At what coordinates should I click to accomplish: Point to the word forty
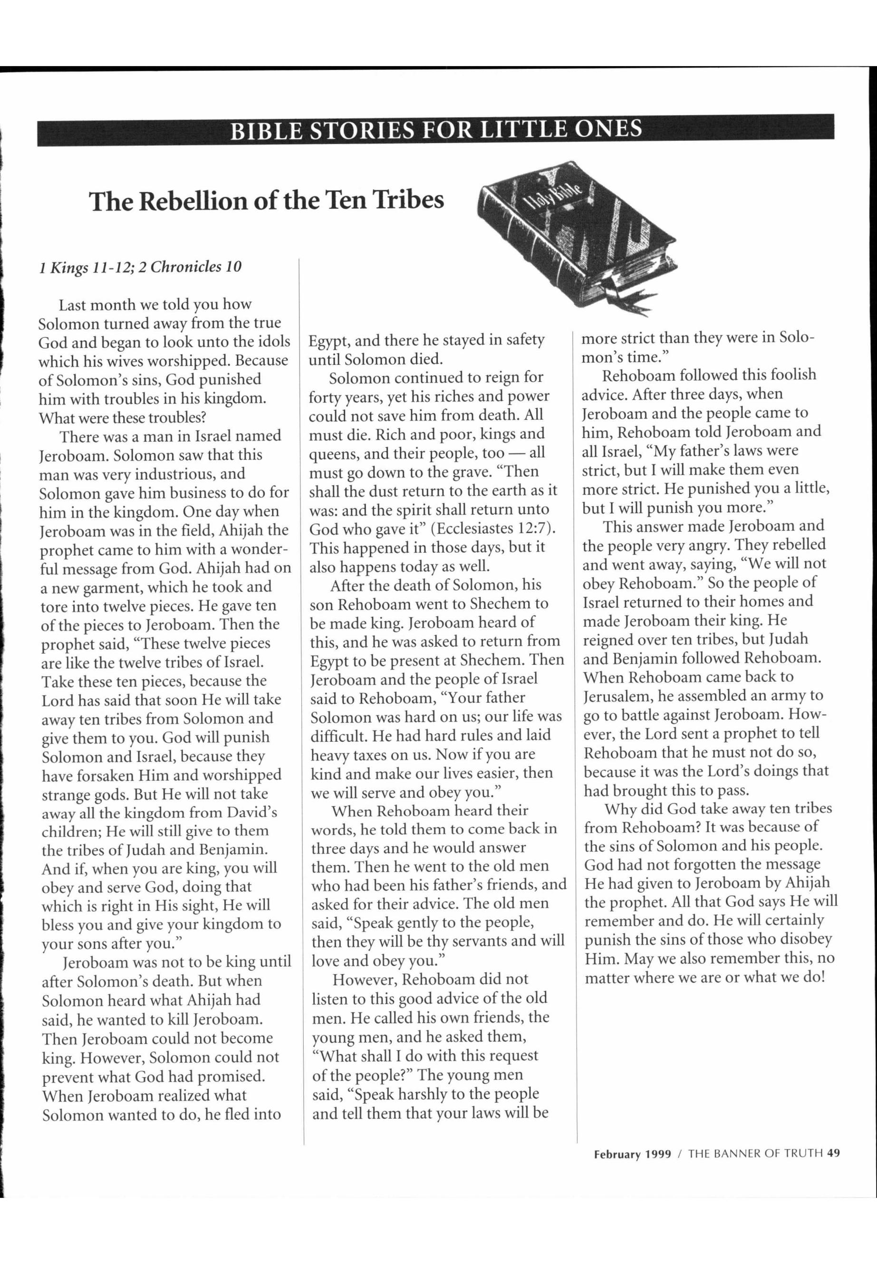coord(325,397)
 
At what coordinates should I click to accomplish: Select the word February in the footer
coord(617,1154)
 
